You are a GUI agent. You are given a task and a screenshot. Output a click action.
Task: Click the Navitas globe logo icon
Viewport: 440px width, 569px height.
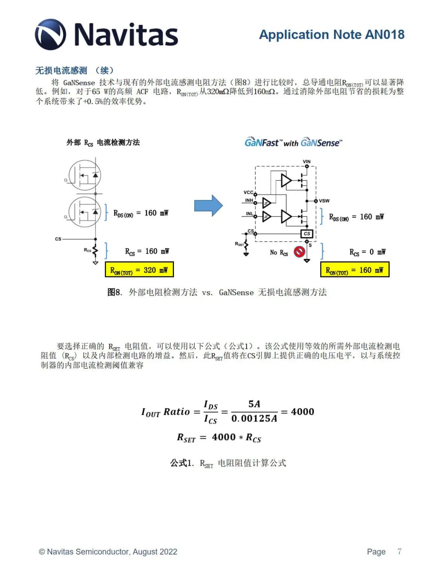pos(51,35)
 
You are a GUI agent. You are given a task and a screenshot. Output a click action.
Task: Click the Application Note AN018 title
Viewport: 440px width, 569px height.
pos(332,35)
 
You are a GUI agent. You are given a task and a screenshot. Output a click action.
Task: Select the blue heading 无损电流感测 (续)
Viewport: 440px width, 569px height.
pos(75,70)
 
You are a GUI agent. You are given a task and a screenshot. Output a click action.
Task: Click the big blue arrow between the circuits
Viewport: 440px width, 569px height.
pos(208,206)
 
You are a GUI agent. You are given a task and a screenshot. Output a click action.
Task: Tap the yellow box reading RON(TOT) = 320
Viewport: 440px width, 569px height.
pos(139,270)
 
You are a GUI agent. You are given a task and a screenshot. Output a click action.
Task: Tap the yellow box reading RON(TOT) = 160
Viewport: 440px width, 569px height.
pos(354,270)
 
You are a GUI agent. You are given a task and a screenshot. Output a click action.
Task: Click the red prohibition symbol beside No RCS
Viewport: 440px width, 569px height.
pos(299,252)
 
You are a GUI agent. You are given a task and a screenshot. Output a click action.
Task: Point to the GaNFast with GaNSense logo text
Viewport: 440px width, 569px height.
pos(293,142)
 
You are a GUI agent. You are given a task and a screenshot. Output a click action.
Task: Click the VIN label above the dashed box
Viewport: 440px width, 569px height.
pos(307,162)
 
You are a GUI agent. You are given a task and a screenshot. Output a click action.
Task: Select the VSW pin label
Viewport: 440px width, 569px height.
pos(324,201)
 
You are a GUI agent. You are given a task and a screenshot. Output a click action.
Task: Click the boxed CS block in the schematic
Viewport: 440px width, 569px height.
pos(307,234)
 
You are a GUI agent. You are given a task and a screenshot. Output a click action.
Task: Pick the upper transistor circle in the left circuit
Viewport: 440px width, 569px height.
pos(85,175)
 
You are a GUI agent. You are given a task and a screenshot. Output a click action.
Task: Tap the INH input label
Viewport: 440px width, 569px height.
pos(249,200)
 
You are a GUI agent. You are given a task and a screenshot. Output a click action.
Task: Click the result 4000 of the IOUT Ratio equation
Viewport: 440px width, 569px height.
pos(302,412)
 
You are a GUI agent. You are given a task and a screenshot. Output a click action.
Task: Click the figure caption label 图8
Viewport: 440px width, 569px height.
pos(114,292)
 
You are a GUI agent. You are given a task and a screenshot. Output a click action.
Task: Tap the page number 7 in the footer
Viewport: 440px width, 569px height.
pos(399,551)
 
